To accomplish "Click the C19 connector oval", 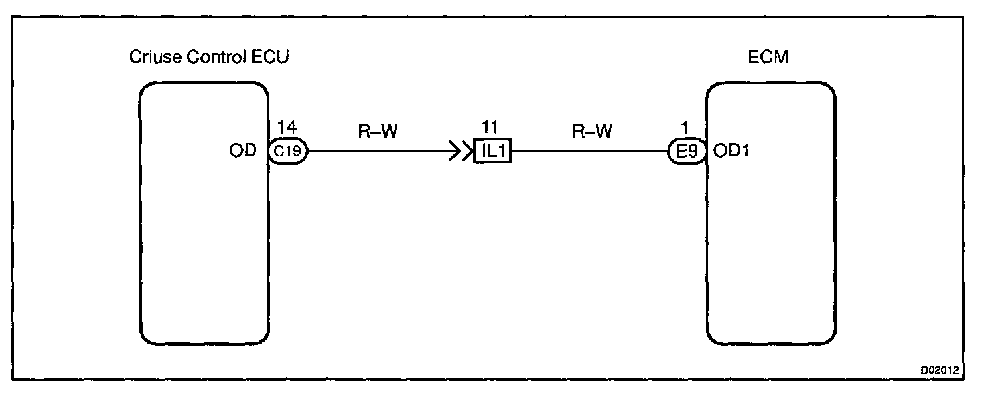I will coord(288,151).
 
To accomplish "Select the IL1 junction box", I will coord(492,152).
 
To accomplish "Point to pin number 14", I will coord(287,127).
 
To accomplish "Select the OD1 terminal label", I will coord(732,152).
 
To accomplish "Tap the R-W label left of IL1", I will coord(378,132).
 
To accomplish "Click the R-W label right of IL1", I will coord(592,132).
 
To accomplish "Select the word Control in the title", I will coord(214,57).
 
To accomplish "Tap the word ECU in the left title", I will coord(269,57).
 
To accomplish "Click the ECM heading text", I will coord(768,57).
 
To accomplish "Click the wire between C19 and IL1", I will coord(378,152).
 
